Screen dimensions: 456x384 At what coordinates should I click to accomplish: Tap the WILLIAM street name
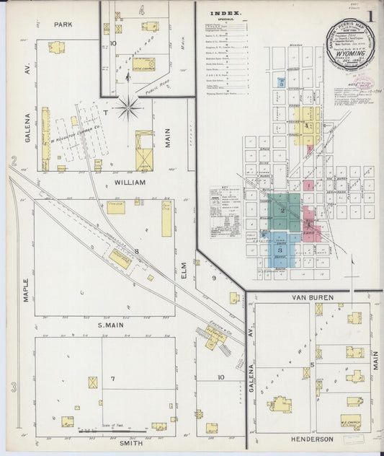pos(130,183)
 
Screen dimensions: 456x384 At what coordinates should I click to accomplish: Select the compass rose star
pos(129,108)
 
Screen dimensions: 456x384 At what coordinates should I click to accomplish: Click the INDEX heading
pos(224,13)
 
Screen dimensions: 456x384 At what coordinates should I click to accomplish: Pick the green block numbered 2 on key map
pos(284,210)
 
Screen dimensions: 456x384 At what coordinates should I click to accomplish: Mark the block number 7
pos(112,378)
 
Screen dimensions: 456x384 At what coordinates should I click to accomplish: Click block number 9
pos(214,278)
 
